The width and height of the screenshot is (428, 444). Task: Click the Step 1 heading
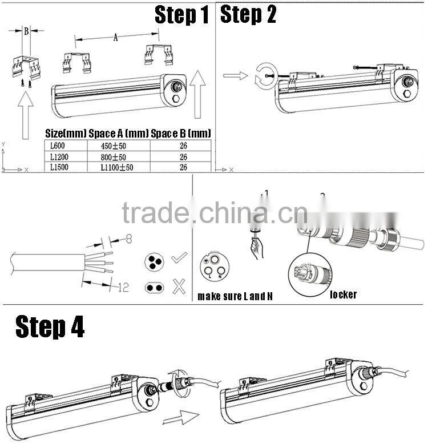pyautogui.click(x=182, y=15)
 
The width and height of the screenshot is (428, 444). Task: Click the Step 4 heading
pyautogui.click(x=50, y=328)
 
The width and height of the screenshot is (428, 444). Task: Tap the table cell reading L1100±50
pyautogui.click(x=117, y=167)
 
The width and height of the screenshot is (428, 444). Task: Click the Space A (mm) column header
pyautogui.click(x=119, y=134)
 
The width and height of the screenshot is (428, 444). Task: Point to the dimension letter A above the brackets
pyautogui.click(x=116, y=38)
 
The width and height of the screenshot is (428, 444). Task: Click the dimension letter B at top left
pyautogui.click(x=26, y=32)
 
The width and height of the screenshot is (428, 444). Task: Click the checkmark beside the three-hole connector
pyautogui.click(x=180, y=259)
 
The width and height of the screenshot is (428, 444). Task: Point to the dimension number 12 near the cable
pyautogui.click(x=123, y=288)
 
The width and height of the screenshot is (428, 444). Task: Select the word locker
pyautogui.click(x=343, y=294)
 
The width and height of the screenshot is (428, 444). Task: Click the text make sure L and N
pyautogui.click(x=235, y=296)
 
